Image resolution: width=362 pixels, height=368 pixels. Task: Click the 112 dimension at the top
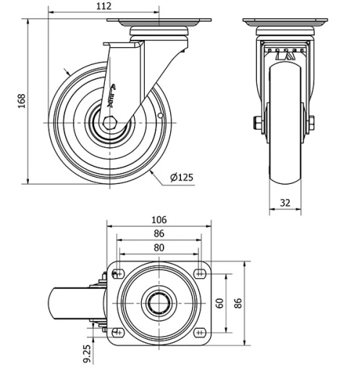[104, 6]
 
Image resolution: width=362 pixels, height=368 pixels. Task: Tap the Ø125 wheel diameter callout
[181, 176]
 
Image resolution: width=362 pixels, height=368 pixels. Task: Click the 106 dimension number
[159, 219]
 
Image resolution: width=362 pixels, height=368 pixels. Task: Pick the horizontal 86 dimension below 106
[159, 233]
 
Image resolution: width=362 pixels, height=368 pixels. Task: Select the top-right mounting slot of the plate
[200, 274]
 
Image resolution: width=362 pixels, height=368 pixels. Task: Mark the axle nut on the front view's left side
[258, 122]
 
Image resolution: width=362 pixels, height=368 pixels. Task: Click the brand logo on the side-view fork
[114, 94]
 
